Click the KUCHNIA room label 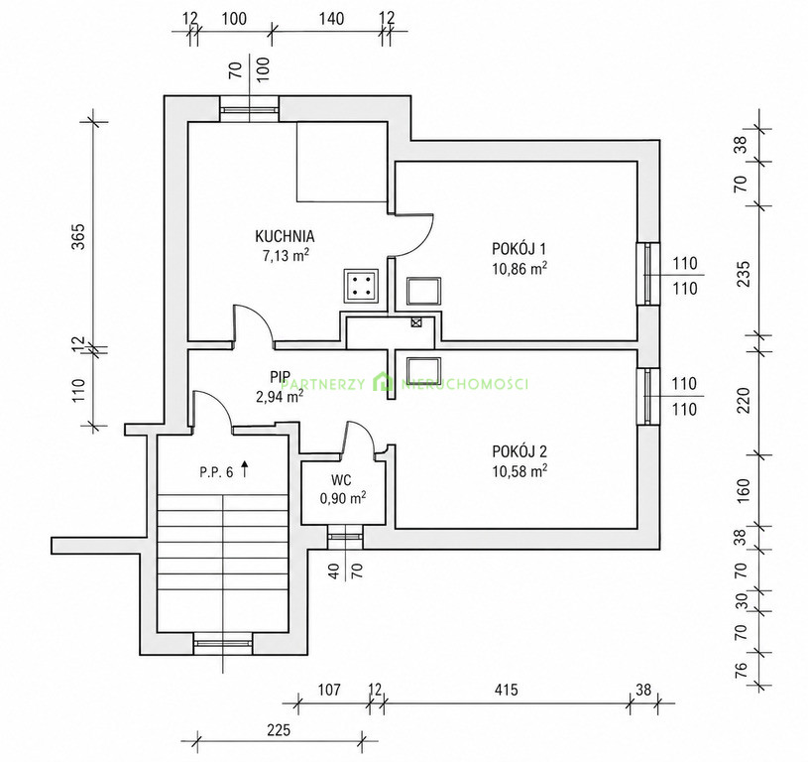(285, 236)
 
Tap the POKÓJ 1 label (519, 248)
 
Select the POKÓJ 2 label (519, 451)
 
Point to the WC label (341, 480)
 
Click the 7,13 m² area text (286, 255)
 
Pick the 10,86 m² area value (519, 269)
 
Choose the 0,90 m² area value (343, 498)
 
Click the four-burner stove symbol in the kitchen (361, 286)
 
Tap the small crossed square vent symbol (416, 322)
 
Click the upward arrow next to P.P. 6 (245, 469)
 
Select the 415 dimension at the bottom (506, 690)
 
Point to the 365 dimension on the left (77, 236)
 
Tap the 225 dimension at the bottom (279, 729)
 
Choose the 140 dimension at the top (331, 19)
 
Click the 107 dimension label (328, 690)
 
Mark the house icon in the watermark (383, 383)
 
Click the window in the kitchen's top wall (250, 109)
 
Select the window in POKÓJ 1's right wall (647, 274)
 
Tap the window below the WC (345, 537)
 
